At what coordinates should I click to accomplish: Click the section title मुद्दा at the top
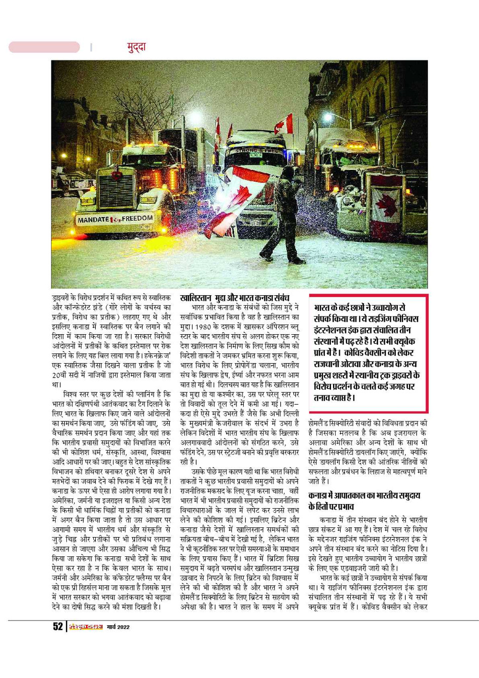tap(136, 47)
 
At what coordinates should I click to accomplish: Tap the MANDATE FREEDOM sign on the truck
tap(115, 219)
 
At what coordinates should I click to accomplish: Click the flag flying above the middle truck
tap(284, 125)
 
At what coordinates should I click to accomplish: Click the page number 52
tap(58, 627)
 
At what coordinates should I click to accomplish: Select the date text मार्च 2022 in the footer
tap(118, 627)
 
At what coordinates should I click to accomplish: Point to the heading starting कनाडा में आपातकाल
tap(364, 495)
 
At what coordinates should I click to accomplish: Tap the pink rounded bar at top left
tap(44, 47)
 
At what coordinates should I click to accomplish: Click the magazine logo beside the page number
tap(86, 627)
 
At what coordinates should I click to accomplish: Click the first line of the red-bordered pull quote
tap(359, 307)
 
